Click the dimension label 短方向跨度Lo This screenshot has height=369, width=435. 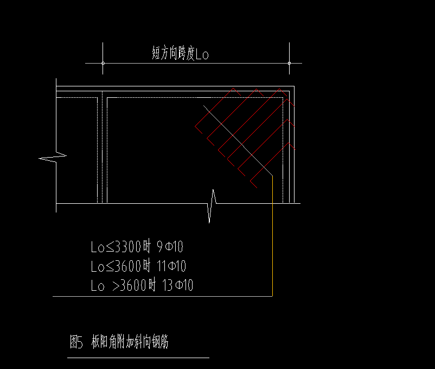tap(180, 53)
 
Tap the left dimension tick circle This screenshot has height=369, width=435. tap(103, 64)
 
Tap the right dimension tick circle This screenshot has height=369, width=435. tap(289, 64)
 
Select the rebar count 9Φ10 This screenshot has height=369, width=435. tap(170, 247)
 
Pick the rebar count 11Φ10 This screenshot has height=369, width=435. tap(171, 266)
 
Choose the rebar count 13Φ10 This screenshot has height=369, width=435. tap(177, 285)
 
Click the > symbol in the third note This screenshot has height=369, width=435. tap(117, 286)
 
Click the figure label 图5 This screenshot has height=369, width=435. tap(76, 341)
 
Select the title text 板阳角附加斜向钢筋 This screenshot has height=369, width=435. tap(130, 341)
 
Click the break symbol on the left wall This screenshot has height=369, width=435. tap(53, 157)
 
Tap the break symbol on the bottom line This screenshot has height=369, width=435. tap(212, 205)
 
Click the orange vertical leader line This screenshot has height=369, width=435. tap(272, 236)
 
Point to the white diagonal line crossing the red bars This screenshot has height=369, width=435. tap(238, 141)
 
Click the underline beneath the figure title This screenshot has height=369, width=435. tap(138, 358)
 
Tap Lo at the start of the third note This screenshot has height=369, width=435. tap(98, 286)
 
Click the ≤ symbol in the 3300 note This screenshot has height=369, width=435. tap(110, 247)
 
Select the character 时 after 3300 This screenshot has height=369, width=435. tap(146, 247)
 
